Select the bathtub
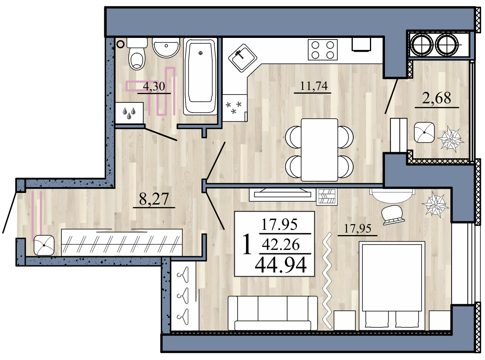coord(201,76)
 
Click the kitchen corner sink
coord(243,58)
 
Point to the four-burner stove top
coord(323,50)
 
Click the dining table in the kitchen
coord(319,150)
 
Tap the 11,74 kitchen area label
coord(314,85)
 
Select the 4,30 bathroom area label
coord(154,86)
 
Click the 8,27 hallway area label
coord(154,199)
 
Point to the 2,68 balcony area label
coord(437,98)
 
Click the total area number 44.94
coord(281,265)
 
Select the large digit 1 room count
coord(246,244)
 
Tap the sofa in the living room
coord(273,313)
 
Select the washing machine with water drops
coord(129,113)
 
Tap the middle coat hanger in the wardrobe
coord(183,295)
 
